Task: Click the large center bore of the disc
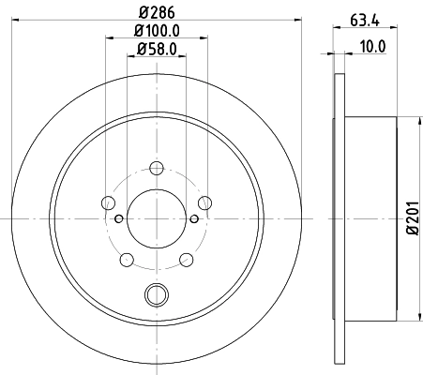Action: pyautogui.click(x=156, y=217)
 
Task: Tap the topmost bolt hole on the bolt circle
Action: pyautogui.click(x=156, y=171)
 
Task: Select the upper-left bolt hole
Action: pyautogui.click(x=109, y=203)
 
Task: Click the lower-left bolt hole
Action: pyautogui.click(x=128, y=259)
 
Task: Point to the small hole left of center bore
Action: pyautogui.click(x=118, y=219)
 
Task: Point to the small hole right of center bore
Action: pyautogui.click(x=193, y=219)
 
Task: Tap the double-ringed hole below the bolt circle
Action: pyautogui.click(x=156, y=294)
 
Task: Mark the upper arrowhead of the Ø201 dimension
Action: pyautogui.click(x=416, y=120)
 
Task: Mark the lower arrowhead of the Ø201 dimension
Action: pyautogui.click(x=416, y=315)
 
